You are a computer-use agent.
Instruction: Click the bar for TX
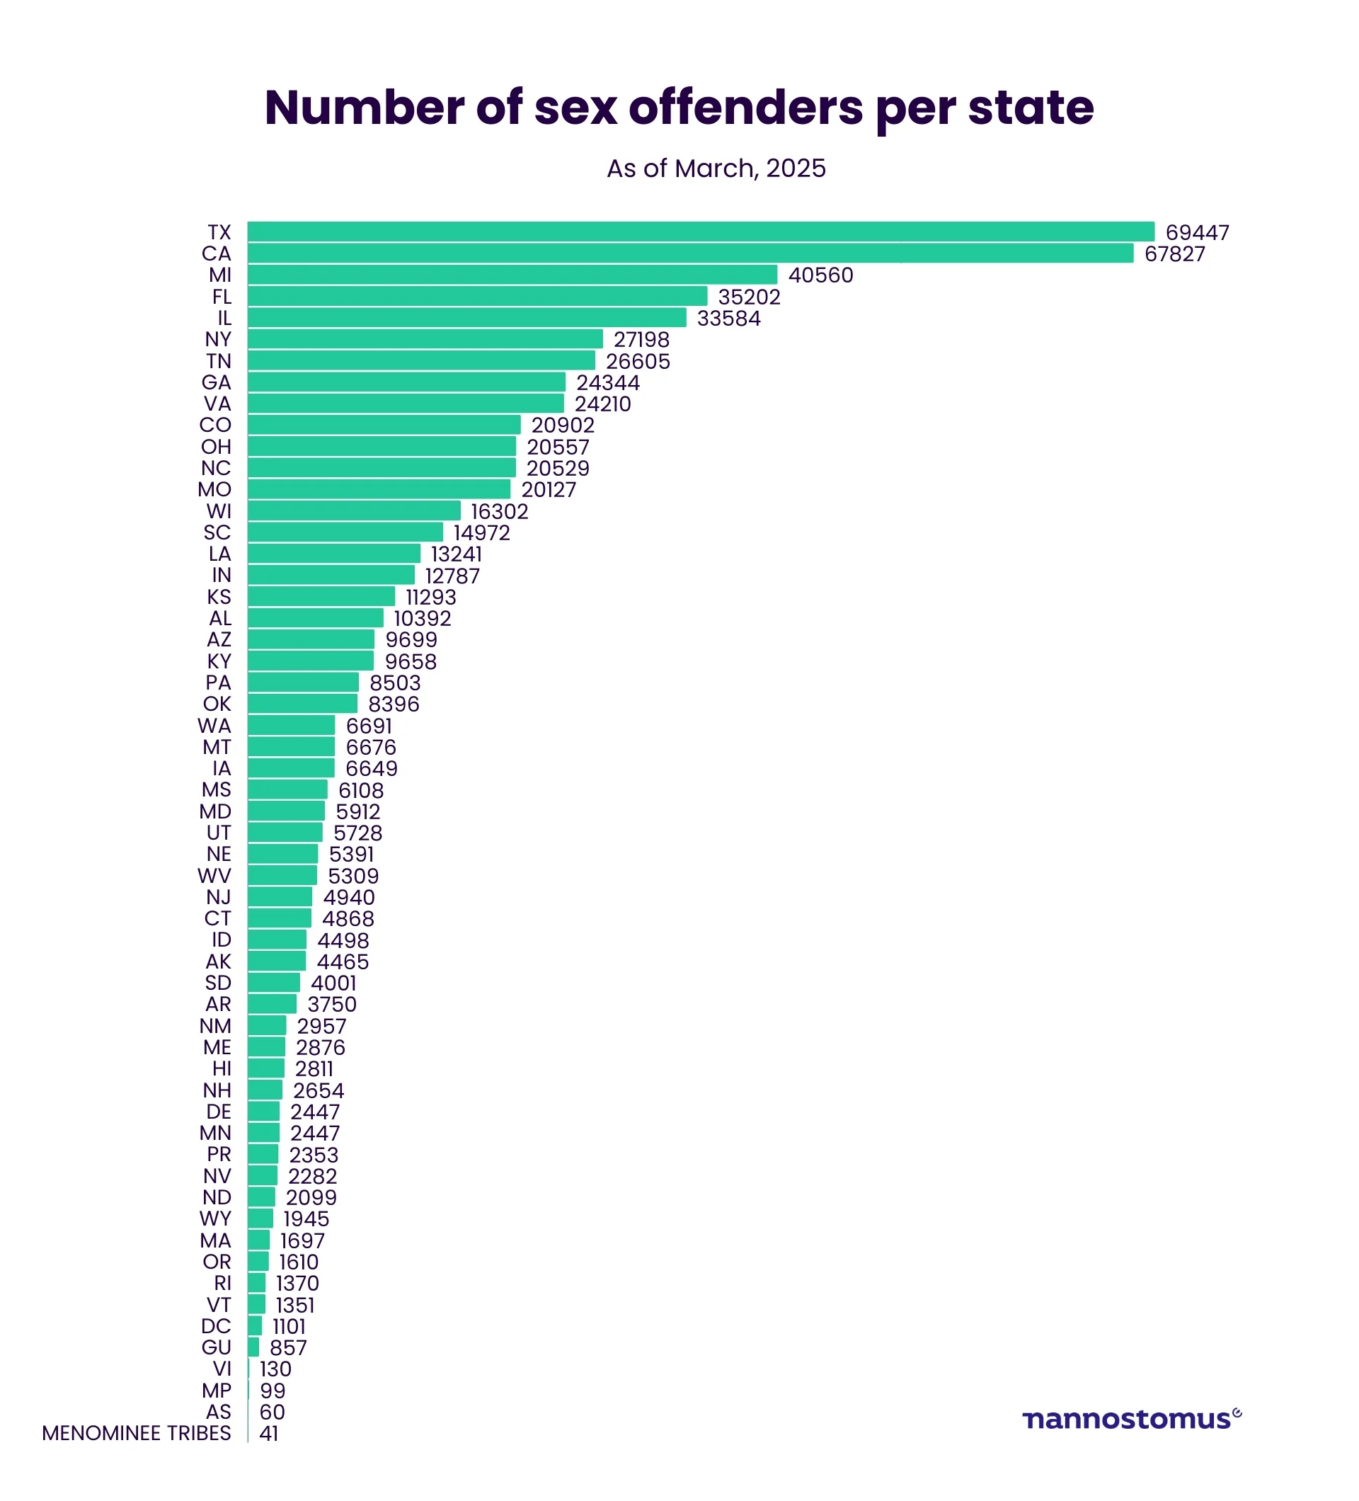pyautogui.click(x=699, y=232)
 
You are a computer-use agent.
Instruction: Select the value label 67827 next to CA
pyautogui.click(x=1174, y=254)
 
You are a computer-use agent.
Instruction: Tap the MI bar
pyautogui.click(x=512, y=275)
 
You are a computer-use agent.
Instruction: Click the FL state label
pyautogui.click(x=222, y=297)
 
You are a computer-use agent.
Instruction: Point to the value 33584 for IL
pyautogui.click(x=728, y=319)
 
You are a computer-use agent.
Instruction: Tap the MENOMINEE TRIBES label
pyautogui.click(x=136, y=1433)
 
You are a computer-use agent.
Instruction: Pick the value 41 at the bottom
pyautogui.click(x=269, y=1433)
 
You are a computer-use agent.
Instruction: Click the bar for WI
pyautogui.click(x=353, y=510)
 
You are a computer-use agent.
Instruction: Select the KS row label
pyautogui.click(x=219, y=597)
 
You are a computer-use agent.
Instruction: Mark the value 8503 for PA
pyautogui.click(x=394, y=683)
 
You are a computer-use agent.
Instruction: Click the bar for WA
pyautogui.click(x=291, y=725)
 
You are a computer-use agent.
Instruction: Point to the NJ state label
pyautogui.click(x=219, y=897)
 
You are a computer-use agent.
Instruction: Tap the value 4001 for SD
pyautogui.click(x=333, y=983)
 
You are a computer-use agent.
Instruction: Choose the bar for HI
pyautogui.click(x=265, y=1068)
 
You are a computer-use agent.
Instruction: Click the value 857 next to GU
pyautogui.click(x=288, y=1347)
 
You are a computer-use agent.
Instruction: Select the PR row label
pyautogui.click(x=219, y=1155)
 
